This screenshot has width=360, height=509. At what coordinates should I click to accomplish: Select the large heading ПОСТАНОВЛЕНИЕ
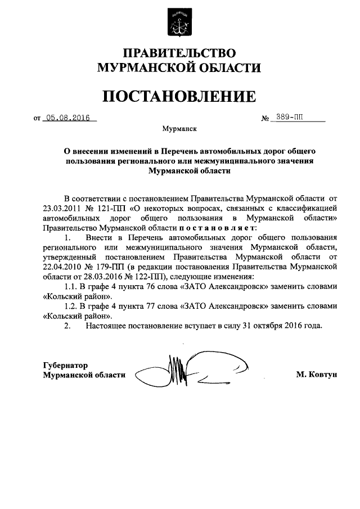pos(179,96)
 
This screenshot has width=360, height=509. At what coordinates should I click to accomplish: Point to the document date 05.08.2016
pos(69,119)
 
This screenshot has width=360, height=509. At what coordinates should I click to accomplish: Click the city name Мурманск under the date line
pos(179,129)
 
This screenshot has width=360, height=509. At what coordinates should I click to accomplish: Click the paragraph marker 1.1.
pos(71,286)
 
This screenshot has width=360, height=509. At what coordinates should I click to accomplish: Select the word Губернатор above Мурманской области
pos(66,364)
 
